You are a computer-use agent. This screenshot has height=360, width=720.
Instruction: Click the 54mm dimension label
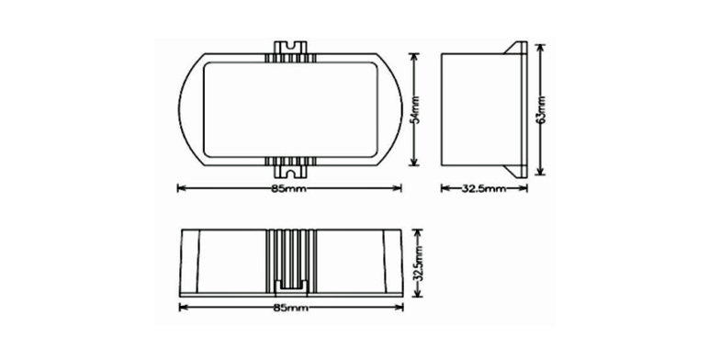click(415, 109)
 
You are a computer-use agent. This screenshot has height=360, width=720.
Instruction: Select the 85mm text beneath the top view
click(289, 188)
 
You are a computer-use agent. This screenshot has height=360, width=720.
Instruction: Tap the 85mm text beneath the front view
click(290, 308)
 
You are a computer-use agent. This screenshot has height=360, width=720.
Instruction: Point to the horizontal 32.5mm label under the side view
click(483, 188)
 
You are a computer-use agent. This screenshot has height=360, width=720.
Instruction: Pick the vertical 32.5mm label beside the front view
click(418, 263)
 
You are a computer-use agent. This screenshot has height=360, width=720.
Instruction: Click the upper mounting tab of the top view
click(290, 48)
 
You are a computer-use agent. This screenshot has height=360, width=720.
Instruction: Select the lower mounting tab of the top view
click(290, 171)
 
